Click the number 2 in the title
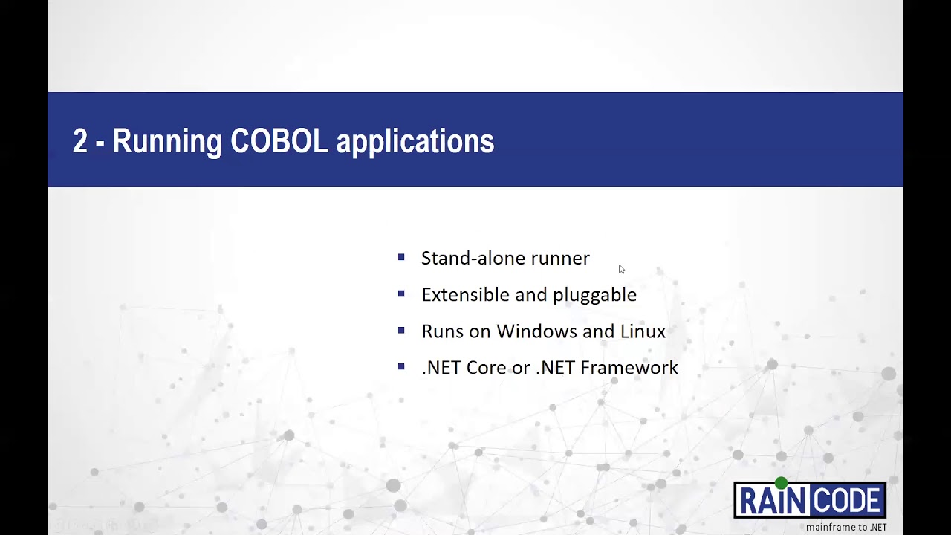pos(80,141)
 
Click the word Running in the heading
pos(166,141)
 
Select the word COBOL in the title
pos(279,141)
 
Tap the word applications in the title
pos(415,141)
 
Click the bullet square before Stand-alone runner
pos(401,257)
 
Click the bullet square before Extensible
pos(401,294)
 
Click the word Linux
pos(643,331)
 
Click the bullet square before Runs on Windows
pos(401,330)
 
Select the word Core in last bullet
pos(486,367)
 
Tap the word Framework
pos(629,367)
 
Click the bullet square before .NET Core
pos(401,366)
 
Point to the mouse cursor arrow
pos(621,269)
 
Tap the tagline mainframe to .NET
pos(846,527)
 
